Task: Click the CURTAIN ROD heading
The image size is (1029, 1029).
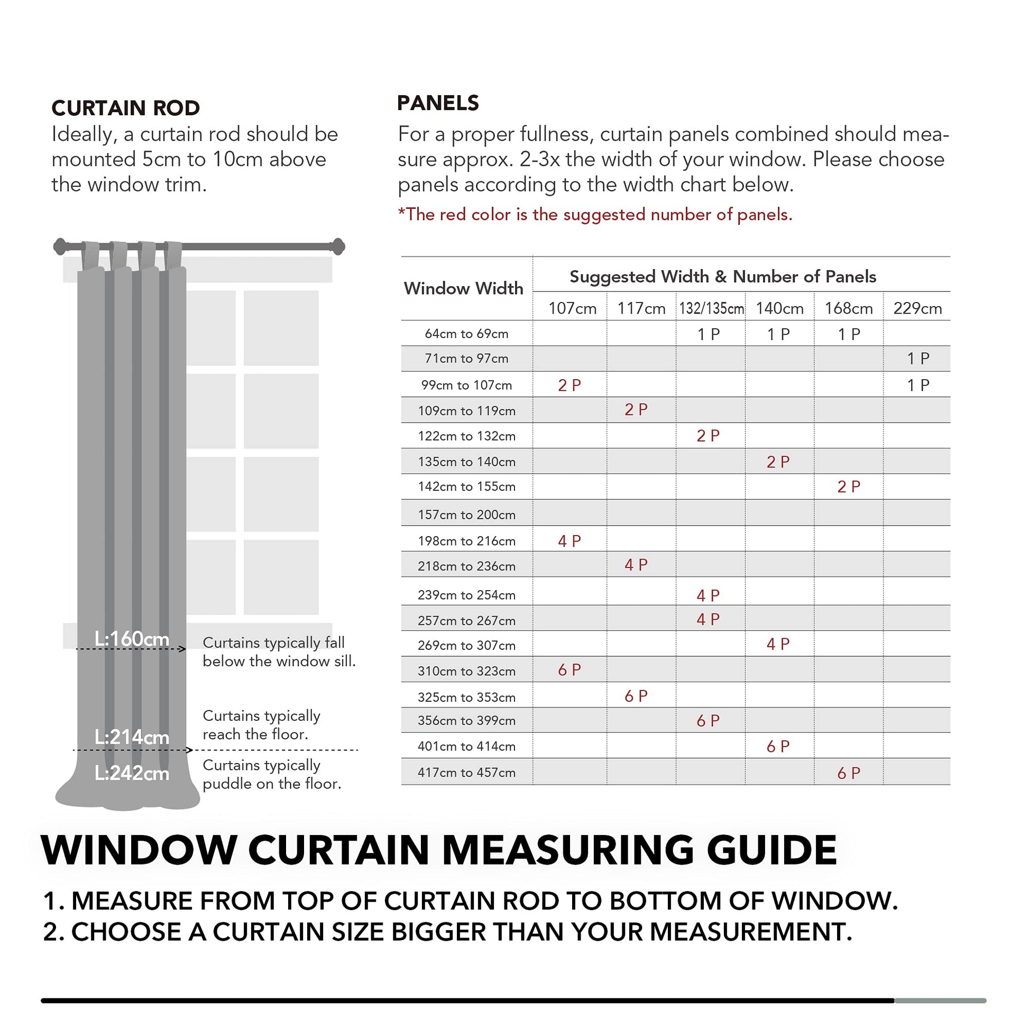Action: coord(126,108)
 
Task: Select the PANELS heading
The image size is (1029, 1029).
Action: coord(438,103)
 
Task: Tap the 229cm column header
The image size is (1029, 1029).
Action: coord(917,308)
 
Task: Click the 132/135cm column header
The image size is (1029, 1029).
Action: coord(711,308)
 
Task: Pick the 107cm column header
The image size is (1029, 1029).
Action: coord(572,308)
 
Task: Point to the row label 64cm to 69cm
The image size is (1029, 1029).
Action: coord(466,334)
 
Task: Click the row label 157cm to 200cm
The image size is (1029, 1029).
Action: coord(466,514)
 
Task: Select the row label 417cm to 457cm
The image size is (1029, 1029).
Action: coord(466,773)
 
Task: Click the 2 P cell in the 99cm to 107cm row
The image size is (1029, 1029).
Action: coord(569,385)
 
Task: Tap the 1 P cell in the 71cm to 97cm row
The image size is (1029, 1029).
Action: coord(917,359)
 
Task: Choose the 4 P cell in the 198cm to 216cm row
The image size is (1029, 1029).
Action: coord(569,541)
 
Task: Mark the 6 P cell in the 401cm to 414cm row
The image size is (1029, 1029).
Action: coord(778,747)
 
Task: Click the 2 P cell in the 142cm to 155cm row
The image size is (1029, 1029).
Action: coord(849,487)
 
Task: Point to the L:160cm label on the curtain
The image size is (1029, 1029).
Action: coord(132,639)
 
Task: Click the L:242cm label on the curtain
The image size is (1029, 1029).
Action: coord(132,773)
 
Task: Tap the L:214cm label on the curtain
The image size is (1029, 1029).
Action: coord(132,737)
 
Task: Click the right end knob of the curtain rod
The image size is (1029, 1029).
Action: coord(338,246)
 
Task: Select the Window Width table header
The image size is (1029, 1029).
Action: coord(463,288)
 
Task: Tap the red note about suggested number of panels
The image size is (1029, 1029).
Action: coord(595,215)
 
